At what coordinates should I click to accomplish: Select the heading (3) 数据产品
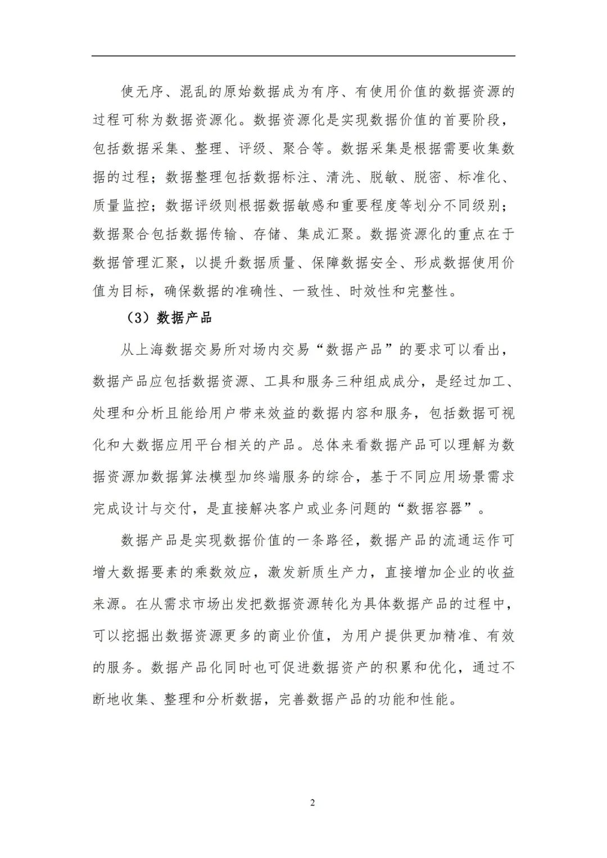[170, 319]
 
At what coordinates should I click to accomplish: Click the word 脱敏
[384, 177]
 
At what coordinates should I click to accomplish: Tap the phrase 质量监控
[121, 206]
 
